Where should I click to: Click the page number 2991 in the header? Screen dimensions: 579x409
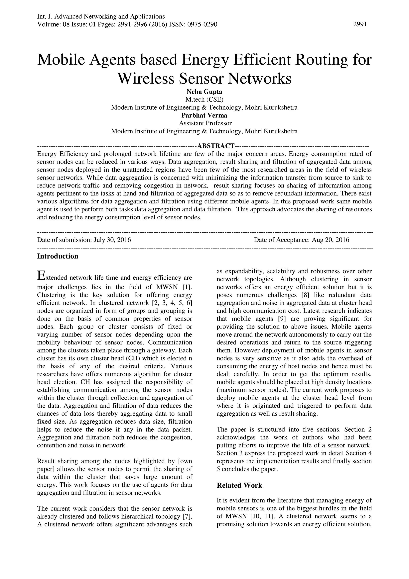pos(360,24)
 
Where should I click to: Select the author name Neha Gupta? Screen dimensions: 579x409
pos(204,92)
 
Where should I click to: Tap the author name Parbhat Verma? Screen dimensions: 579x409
pos(204,116)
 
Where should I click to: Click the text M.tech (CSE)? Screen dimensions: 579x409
pos(204,100)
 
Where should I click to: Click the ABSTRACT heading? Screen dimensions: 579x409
pos(215,146)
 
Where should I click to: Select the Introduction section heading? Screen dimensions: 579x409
pos(58,257)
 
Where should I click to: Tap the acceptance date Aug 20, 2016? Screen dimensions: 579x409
pos(331,240)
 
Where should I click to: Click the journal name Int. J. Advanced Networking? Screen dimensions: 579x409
pos(101,17)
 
